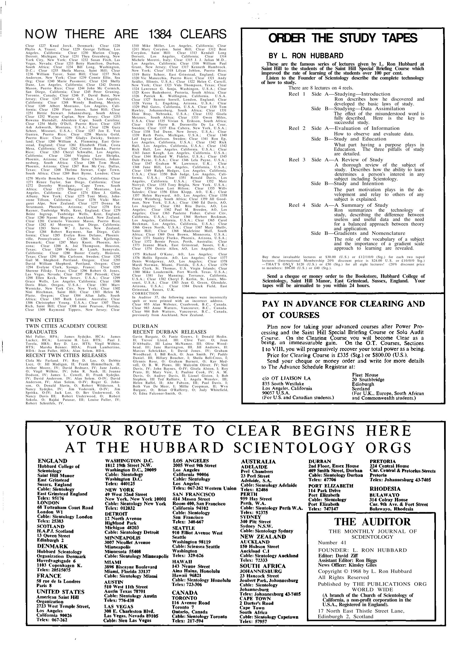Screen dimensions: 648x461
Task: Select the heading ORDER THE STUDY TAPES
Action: [343, 38]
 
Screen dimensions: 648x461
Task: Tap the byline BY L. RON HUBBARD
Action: [306, 56]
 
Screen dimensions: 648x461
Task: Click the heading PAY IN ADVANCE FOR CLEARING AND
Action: [343, 304]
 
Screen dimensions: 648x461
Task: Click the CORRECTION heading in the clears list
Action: [146, 293]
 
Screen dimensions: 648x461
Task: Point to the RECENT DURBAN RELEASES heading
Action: [169, 332]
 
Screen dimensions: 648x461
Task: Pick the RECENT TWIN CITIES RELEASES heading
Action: [66, 355]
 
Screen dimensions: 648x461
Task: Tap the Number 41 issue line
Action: [332, 543]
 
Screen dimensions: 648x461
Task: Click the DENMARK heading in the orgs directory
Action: [53, 546]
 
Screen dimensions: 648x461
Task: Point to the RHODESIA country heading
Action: [385, 489]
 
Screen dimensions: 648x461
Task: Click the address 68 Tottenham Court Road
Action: [65, 508]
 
